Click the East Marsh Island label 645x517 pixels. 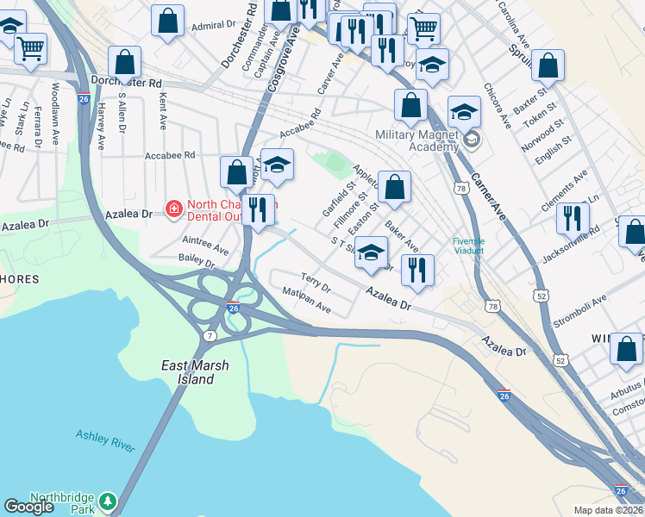tap(196, 372)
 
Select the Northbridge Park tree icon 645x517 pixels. tap(107, 501)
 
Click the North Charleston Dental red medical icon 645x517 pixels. tap(173, 209)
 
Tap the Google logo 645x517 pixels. tap(29, 507)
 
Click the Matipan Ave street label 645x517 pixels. tap(307, 301)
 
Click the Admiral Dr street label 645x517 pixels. tap(208, 26)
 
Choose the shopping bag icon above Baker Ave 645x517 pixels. tap(394, 187)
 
